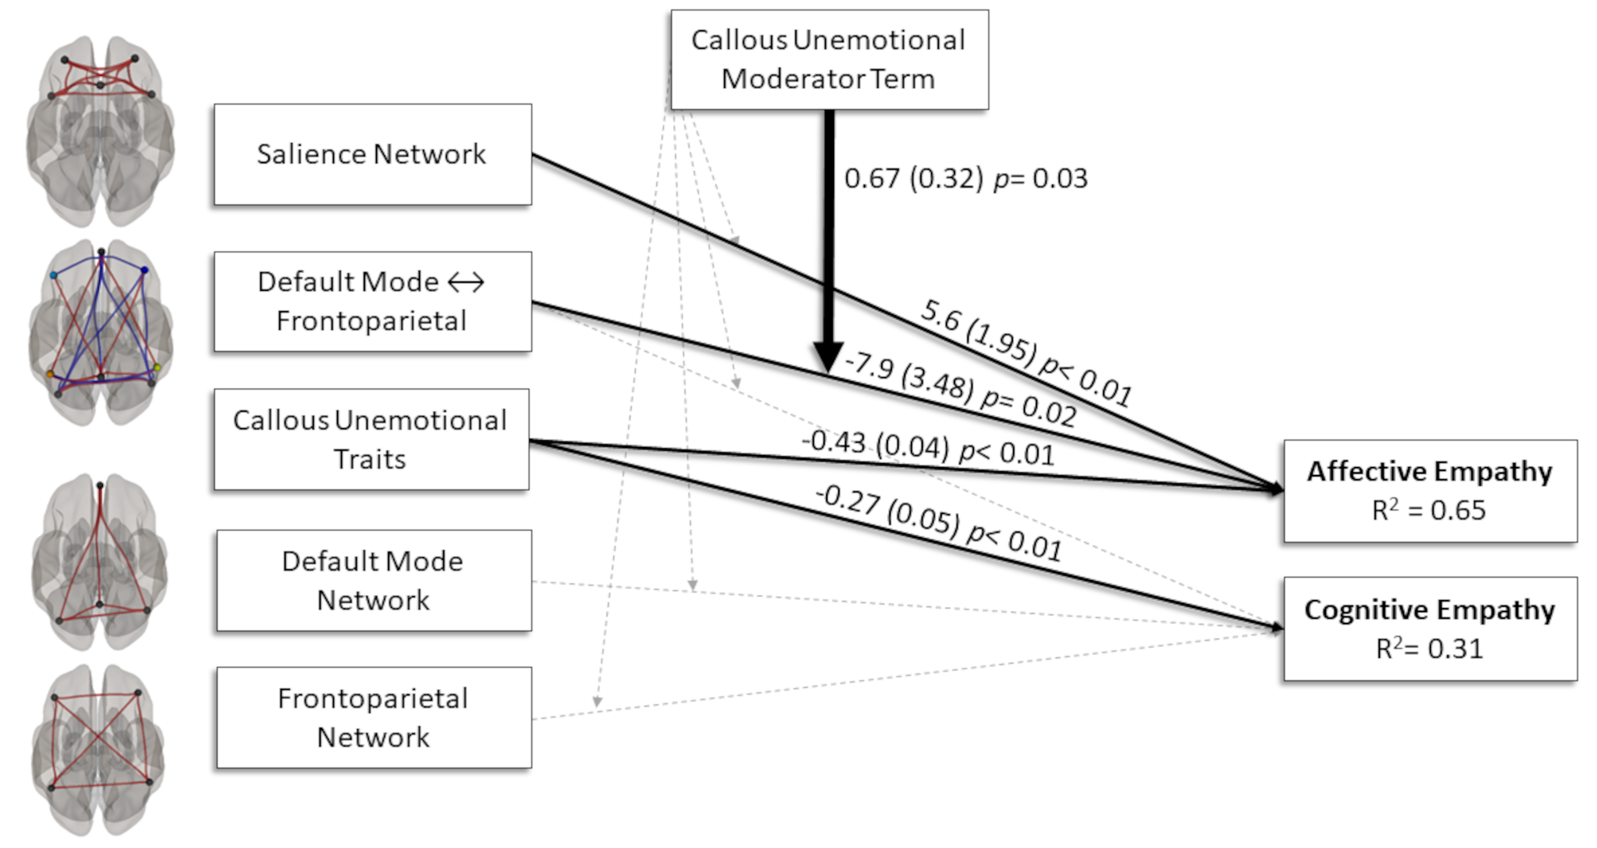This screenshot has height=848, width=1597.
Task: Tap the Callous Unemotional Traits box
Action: (371, 439)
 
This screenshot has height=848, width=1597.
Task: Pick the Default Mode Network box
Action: (373, 580)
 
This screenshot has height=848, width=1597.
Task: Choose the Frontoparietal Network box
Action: (373, 718)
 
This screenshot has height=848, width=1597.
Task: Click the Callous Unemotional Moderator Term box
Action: (829, 60)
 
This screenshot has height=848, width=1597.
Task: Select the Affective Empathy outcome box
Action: (1430, 491)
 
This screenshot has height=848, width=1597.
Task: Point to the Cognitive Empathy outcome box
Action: (1430, 629)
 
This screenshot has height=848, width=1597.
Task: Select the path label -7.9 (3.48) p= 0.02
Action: (960, 389)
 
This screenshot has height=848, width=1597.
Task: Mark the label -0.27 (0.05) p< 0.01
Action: (938, 523)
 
